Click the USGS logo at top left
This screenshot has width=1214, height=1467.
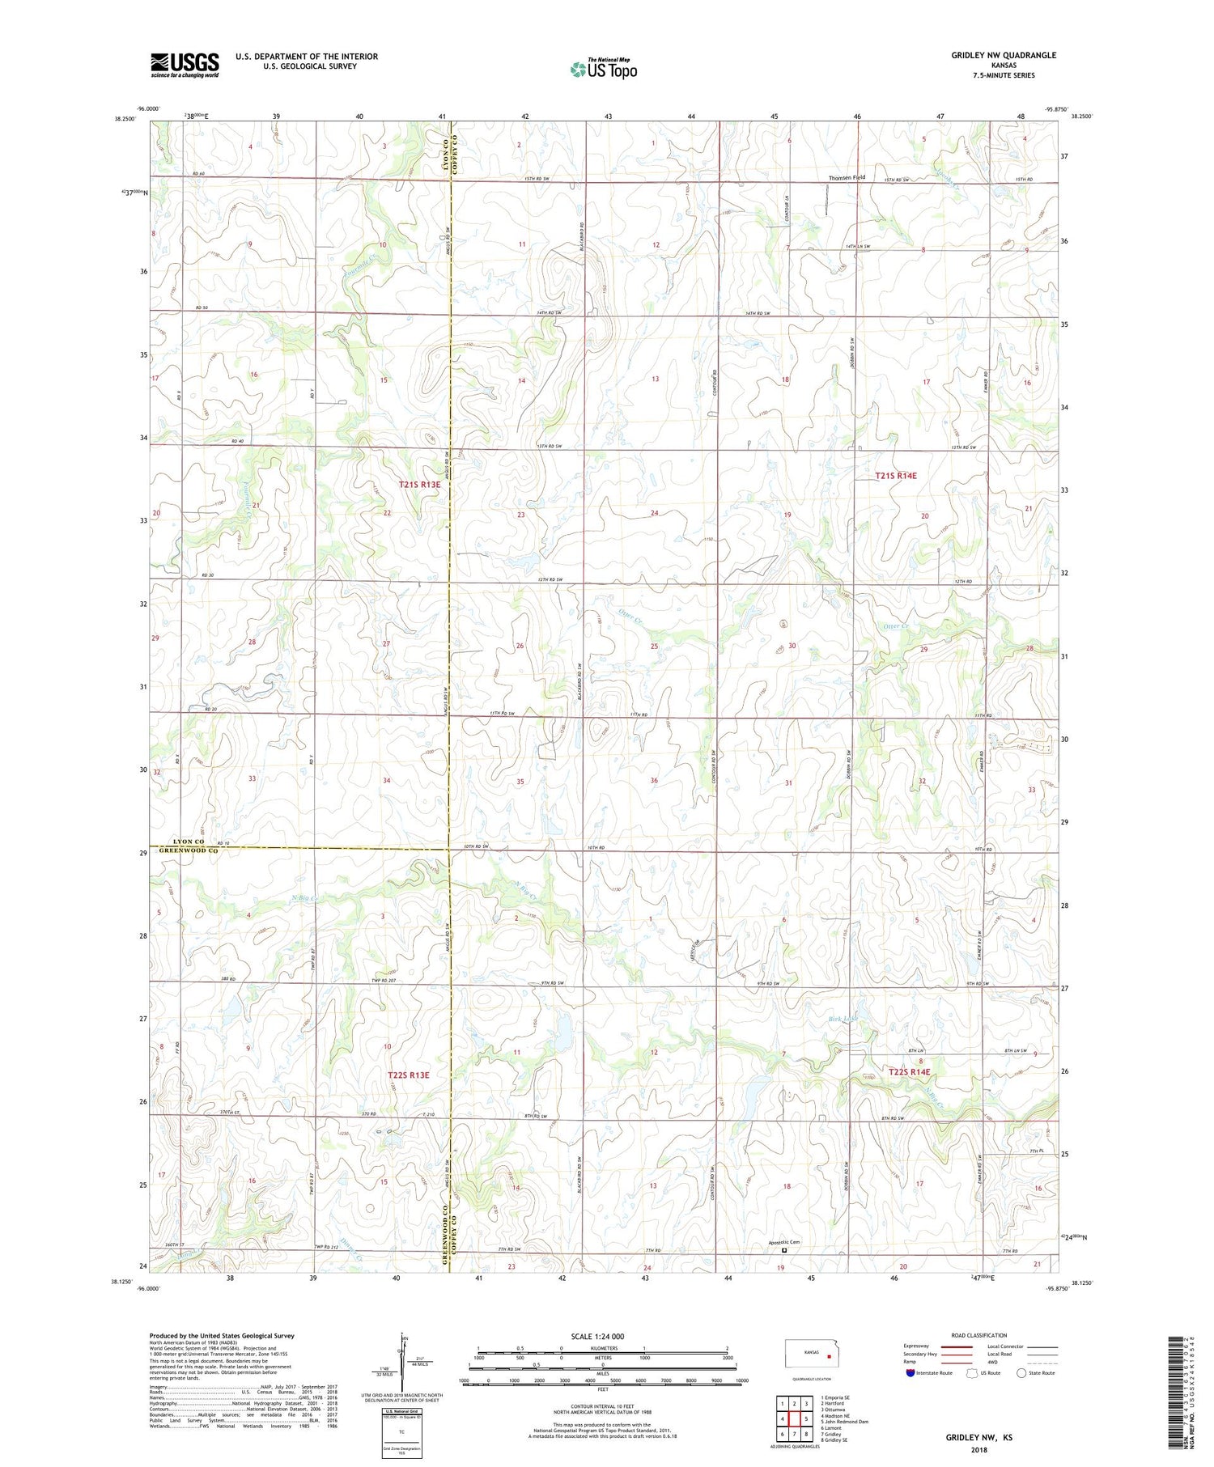[185, 65]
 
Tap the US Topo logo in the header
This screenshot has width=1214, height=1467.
[603, 70]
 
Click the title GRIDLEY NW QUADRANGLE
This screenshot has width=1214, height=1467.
[1004, 55]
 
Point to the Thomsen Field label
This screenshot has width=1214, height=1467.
[846, 177]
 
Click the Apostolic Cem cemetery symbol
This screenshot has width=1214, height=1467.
[783, 1250]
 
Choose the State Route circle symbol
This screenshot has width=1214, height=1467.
[1021, 1372]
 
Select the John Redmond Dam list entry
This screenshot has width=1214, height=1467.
[846, 1421]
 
